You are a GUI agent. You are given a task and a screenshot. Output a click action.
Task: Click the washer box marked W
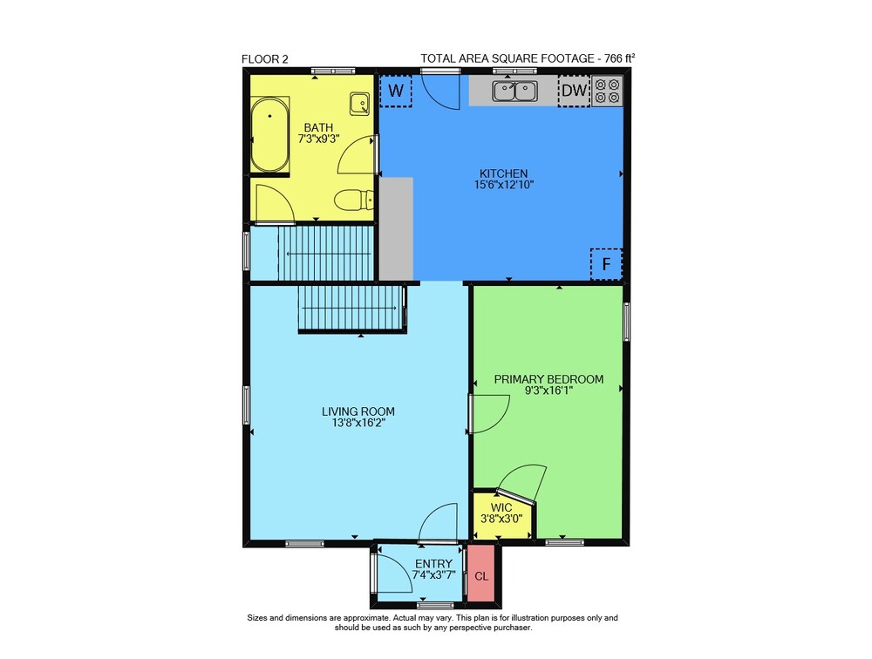[x=395, y=91]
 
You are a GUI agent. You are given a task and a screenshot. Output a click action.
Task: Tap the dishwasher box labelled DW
[x=574, y=91]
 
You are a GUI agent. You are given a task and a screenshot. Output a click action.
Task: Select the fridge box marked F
[x=606, y=264]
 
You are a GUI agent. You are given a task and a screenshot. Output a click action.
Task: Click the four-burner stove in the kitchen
[x=607, y=92]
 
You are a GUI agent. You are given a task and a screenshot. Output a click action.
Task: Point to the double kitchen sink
[x=515, y=92]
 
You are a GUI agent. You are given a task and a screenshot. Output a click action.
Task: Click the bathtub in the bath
[x=269, y=134]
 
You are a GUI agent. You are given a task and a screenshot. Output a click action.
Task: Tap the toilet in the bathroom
[x=354, y=200]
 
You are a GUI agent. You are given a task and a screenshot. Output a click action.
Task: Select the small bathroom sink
[x=359, y=104]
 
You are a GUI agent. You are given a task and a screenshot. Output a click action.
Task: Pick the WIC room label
[x=501, y=507]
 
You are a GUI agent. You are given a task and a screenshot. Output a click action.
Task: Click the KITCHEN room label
[x=504, y=173]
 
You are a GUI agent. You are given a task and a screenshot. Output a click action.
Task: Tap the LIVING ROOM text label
[x=358, y=411]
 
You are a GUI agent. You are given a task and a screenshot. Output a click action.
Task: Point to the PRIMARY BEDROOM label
[x=548, y=379]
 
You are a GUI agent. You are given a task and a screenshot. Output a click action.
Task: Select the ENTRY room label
[x=433, y=564]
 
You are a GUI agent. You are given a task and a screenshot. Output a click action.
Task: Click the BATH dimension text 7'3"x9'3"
[x=318, y=139]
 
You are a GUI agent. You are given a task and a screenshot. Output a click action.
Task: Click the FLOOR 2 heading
[x=265, y=59]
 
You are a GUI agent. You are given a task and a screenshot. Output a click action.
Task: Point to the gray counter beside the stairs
[x=396, y=228]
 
